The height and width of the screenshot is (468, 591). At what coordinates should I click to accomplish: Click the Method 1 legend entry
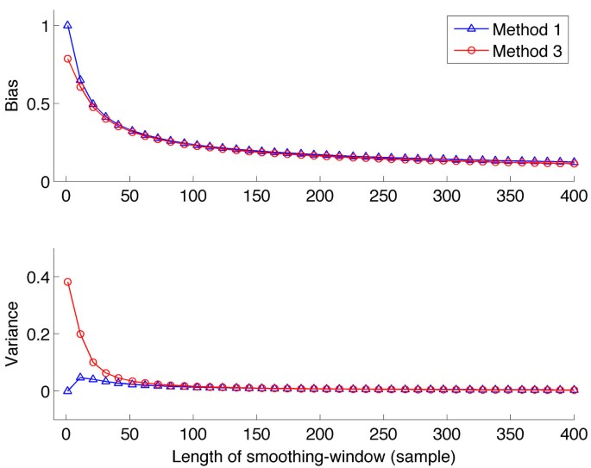(x=528, y=30)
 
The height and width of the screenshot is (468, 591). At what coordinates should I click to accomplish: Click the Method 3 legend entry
(x=528, y=52)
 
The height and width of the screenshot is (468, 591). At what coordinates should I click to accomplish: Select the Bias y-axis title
(x=13, y=104)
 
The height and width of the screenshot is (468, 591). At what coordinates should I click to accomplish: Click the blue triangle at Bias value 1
(x=67, y=26)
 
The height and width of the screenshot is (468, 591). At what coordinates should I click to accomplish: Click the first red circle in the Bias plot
(x=67, y=59)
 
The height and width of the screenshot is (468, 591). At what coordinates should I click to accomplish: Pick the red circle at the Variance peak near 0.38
(x=67, y=282)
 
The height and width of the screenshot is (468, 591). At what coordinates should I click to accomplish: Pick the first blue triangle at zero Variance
(x=67, y=390)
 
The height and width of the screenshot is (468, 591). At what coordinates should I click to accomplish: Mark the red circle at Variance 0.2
(x=80, y=334)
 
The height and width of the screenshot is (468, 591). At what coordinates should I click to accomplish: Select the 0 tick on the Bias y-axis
(x=42, y=182)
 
